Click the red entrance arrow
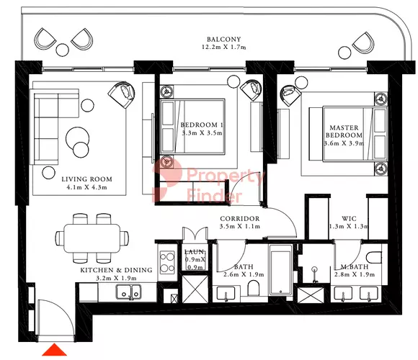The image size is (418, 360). coord(54,350)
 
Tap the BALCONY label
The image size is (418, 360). coord(224,40)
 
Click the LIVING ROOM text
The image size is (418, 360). coord(86,179)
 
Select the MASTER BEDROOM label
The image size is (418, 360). coord(344,131)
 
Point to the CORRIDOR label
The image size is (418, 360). coord(240,219)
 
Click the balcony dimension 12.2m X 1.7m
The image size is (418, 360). coord(224,48)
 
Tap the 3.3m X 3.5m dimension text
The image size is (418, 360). coord(202,133)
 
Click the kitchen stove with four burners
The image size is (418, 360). coord(167,263)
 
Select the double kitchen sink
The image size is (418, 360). coord(129,292)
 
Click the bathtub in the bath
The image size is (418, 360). coord(281,270)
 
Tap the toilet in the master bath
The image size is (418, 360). coord(374,258)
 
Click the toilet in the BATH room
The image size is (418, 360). coord(254,288)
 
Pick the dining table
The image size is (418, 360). coord(92,238)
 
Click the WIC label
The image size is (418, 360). coord(349,219)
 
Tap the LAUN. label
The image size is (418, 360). coord(195,251)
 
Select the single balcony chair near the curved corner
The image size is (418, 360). coord(363,43)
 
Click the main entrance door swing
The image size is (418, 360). coord(56,320)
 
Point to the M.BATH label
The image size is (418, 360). coord(355,266)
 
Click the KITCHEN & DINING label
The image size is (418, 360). coord(116,270)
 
